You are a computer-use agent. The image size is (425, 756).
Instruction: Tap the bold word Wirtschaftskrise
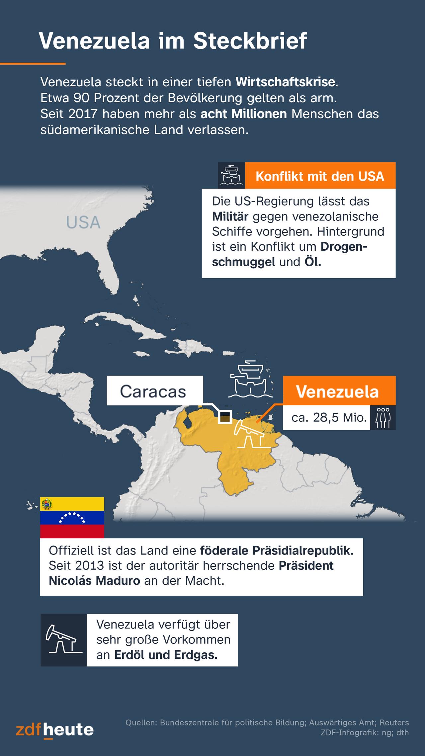coord(285,82)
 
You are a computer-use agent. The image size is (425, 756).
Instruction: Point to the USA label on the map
coord(83,222)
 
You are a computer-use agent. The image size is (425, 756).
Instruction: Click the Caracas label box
coord(153,391)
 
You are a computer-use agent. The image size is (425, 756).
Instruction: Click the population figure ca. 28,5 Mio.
coord(328,417)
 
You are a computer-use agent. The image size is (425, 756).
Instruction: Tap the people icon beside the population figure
coord(383,417)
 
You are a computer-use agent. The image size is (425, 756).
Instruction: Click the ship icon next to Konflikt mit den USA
coord(231,175)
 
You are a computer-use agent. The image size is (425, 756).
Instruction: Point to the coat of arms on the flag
coord(46,504)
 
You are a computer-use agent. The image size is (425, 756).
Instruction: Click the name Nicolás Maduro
coord(94,581)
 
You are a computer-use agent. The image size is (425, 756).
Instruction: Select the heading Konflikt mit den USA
coord(320,176)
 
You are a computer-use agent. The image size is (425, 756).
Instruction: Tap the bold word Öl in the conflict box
coord(312,262)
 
